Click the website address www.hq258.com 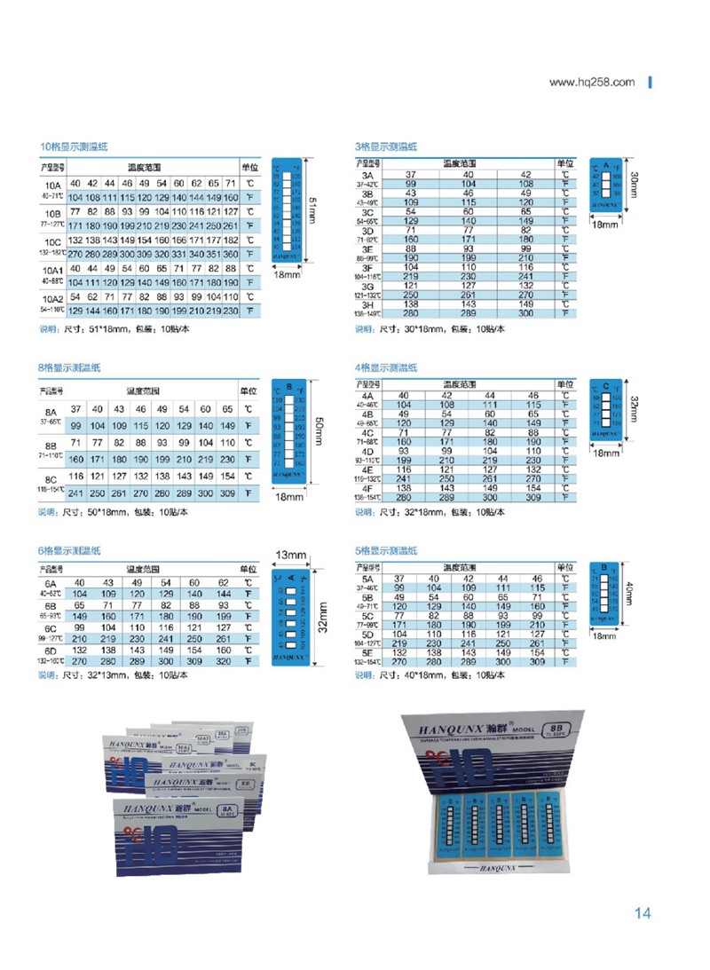pos(592,83)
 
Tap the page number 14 pos(643,913)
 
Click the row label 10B pos(51,214)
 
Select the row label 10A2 pos(51,297)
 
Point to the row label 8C pos(51,477)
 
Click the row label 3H pos(367,304)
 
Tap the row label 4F pos(367,489)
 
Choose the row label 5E pos(367,651)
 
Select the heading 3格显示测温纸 pos(385,146)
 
